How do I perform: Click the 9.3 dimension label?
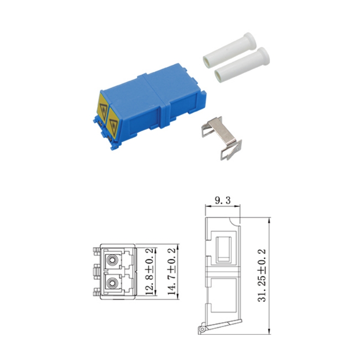222,200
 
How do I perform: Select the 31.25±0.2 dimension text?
262,275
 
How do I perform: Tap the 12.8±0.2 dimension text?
149,272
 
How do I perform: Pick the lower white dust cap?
242,65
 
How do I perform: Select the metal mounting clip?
222,138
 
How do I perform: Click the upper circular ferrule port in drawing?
112,260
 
